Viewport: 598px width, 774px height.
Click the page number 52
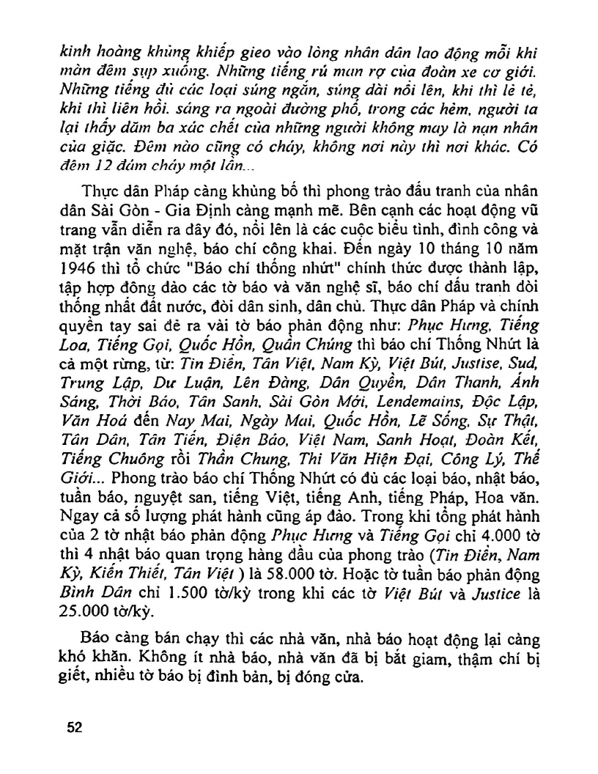tap(74, 727)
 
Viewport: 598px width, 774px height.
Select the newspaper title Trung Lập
tap(96, 383)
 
